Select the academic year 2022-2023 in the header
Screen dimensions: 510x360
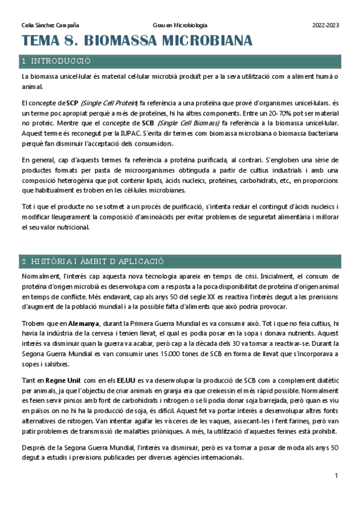(326, 26)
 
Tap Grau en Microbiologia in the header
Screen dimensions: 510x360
(180, 26)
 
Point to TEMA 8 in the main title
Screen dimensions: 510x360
(47, 41)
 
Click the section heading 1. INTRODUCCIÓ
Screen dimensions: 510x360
(55, 61)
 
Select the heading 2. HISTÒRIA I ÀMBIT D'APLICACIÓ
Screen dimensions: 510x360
(93, 262)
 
